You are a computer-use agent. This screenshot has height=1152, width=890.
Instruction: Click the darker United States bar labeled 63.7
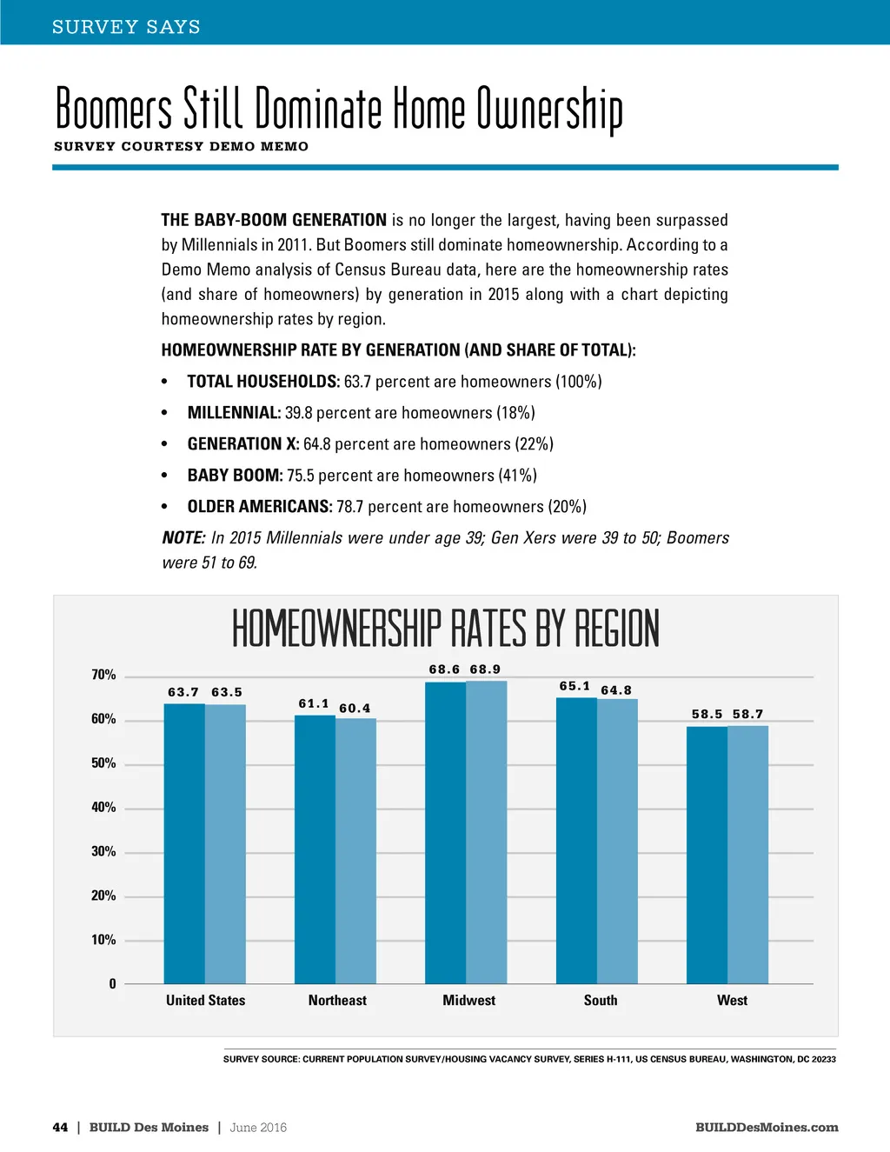(184, 843)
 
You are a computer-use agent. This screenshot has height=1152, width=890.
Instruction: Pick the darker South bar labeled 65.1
(576, 841)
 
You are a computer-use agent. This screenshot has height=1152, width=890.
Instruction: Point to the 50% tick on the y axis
(103, 763)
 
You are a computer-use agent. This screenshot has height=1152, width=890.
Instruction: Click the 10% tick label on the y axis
(103, 940)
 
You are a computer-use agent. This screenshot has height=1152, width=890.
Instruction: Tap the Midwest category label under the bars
(468, 1001)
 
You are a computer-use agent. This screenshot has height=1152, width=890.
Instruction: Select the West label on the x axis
(732, 1001)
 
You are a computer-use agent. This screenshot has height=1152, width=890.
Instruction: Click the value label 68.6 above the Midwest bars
(444, 669)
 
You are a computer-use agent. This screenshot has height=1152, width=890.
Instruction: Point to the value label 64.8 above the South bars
(616, 690)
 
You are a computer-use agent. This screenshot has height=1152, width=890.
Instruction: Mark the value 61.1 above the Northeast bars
(314, 704)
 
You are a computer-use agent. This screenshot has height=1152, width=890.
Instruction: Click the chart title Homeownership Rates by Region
(445, 629)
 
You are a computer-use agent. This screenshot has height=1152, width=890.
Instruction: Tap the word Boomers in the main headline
(114, 110)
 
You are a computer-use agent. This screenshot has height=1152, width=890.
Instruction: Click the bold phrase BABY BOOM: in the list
(235, 476)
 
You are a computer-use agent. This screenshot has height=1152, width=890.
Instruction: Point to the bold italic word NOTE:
(183, 538)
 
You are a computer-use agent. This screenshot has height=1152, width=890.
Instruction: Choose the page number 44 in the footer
(60, 1128)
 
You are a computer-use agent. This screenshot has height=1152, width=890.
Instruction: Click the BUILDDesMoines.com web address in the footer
(767, 1128)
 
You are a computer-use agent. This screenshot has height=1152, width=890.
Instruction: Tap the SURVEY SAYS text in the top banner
(126, 27)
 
